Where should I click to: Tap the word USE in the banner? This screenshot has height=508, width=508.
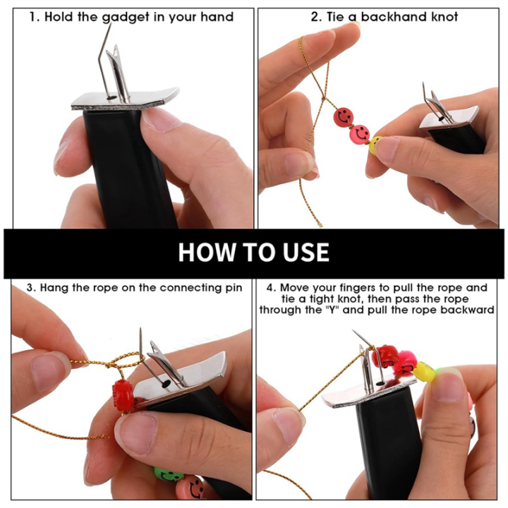pyautogui.click(x=306, y=252)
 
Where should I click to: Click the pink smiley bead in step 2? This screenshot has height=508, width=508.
pyautogui.click(x=360, y=133)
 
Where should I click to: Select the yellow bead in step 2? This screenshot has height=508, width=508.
pyautogui.click(x=375, y=145)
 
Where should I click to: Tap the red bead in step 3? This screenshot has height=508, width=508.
pyautogui.click(x=123, y=395)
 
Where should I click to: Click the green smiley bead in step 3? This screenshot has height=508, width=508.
pyautogui.click(x=168, y=474)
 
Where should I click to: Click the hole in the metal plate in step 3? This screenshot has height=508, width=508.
pyautogui.click(x=166, y=384)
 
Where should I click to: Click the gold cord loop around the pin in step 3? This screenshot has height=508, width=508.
pyautogui.click(x=127, y=361)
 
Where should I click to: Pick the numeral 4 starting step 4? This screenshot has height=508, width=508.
pyautogui.click(x=270, y=288)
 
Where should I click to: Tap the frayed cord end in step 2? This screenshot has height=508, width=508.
pyautogui.click(x=320, y=224)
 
